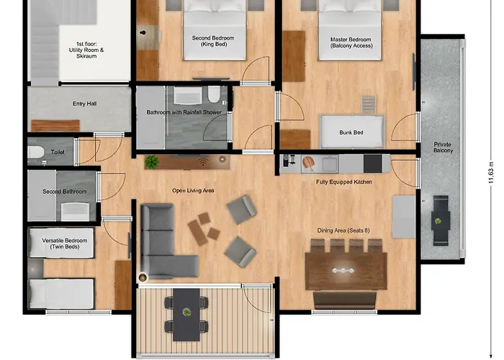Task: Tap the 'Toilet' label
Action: pyautogui.click(x=58, y=151)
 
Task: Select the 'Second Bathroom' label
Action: pyautogui.click(x=64, y=192)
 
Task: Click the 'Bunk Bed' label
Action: pyautogui.click(x=351, y=132)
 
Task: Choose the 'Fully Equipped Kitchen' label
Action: pyautogui.click(x=343, y=182)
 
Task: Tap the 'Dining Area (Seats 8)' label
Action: pyautogui.click(x=344, y=230)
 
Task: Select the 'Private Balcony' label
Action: pyautogui.click(x=442, y=148)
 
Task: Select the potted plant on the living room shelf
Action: pyautogui.click(x=151, y=162)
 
